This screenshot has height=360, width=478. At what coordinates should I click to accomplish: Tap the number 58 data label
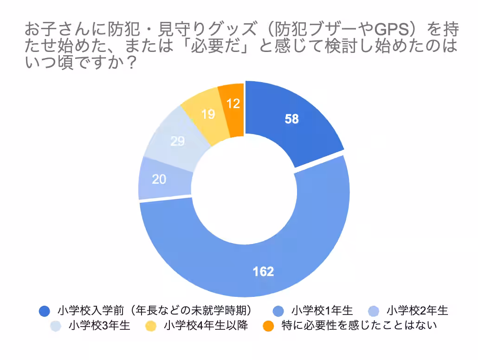[292, 119]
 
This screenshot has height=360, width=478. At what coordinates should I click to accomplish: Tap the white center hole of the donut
[244, 189]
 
